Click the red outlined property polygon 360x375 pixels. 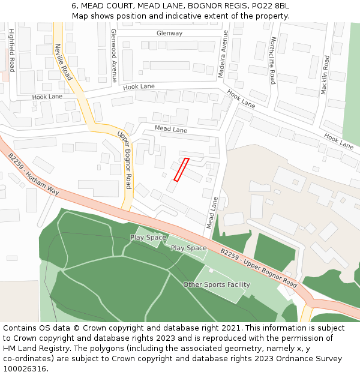181,169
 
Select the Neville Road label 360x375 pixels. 63,61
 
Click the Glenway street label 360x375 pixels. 169,33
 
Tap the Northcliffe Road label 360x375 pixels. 272,60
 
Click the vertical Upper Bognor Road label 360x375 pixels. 124,158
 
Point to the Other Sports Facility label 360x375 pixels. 217,284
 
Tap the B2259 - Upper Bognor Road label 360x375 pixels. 259,268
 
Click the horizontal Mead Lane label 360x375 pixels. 171,130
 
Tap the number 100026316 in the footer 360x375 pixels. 24,368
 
